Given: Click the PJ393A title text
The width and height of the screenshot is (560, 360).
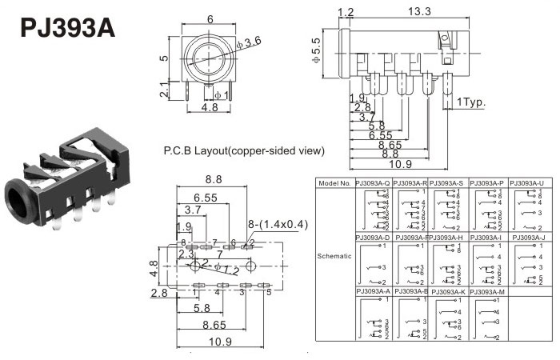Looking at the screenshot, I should (67, 29).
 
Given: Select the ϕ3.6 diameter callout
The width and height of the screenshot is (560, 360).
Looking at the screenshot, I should (250, 42).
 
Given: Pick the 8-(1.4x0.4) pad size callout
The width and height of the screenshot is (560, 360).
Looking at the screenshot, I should (278, 225).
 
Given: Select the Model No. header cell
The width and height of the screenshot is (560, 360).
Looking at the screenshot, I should (334, 183).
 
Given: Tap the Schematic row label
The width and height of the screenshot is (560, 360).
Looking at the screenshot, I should (334, 256).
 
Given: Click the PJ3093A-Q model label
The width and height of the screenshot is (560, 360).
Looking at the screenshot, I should (372, 183).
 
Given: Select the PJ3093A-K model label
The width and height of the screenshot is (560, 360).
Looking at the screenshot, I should (450, 291).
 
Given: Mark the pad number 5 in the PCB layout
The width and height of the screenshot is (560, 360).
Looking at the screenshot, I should (269, 292).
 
